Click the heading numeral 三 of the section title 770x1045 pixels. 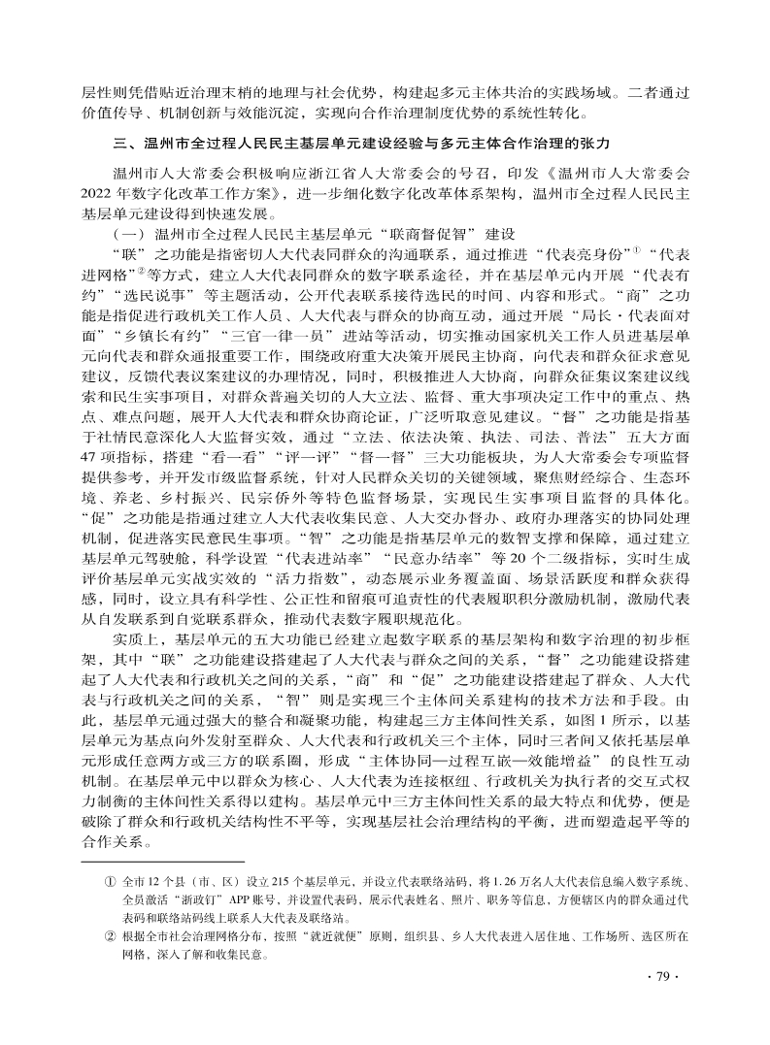[119, 144]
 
